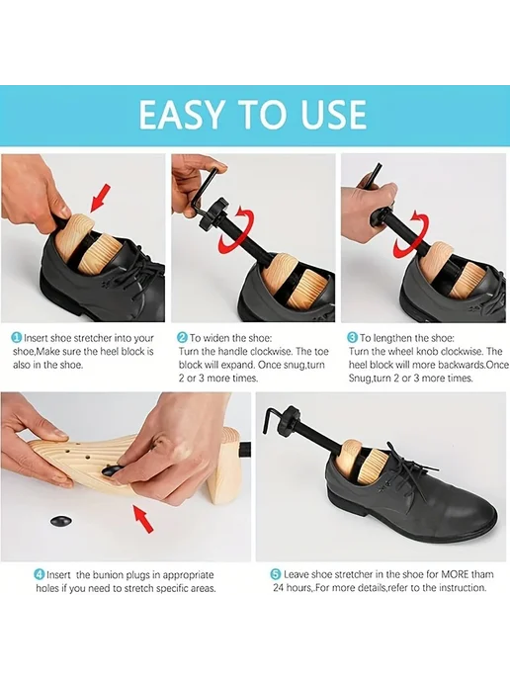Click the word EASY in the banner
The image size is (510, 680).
(181, 114)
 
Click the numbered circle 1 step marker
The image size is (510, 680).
(17, 338)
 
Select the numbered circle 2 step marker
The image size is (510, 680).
(183, 338)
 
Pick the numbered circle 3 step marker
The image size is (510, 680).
(353, 338)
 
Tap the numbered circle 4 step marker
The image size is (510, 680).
(40, 574)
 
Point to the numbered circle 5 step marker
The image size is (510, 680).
(276, 574)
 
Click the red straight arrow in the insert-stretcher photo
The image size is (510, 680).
(101, 199)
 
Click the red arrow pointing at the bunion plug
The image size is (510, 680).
(143, 519)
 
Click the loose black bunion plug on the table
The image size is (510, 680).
(61, 521)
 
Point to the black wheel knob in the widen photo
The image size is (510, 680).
(212, 219)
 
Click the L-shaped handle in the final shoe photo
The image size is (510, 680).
(272, 418)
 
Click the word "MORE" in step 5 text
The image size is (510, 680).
(455, 574)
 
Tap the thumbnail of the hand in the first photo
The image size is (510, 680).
(63, 212)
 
